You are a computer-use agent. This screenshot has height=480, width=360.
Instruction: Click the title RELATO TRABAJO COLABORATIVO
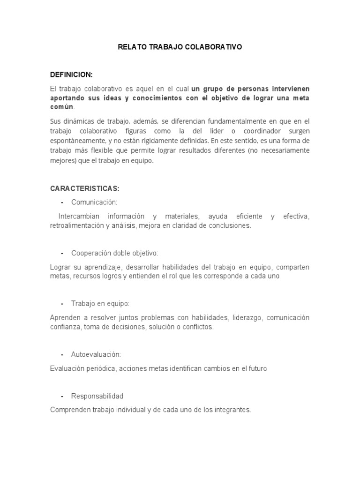[180, 47]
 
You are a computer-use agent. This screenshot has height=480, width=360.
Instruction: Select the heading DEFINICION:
[71, 75]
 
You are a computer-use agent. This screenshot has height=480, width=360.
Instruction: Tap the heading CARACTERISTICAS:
[84, 188]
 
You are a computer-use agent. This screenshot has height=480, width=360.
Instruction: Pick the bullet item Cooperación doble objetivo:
[114, 253]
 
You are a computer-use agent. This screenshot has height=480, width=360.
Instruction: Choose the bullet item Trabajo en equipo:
[100, 303]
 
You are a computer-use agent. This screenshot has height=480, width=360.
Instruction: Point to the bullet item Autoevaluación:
[96, 354]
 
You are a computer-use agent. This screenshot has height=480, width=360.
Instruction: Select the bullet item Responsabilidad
[97, 396]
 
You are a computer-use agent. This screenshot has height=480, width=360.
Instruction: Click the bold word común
[62, 107]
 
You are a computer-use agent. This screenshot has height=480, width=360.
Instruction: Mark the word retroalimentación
[77, 225]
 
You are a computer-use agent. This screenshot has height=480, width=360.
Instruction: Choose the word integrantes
[232, 410]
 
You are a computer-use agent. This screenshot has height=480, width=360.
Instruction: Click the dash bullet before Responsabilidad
[62, 396]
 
